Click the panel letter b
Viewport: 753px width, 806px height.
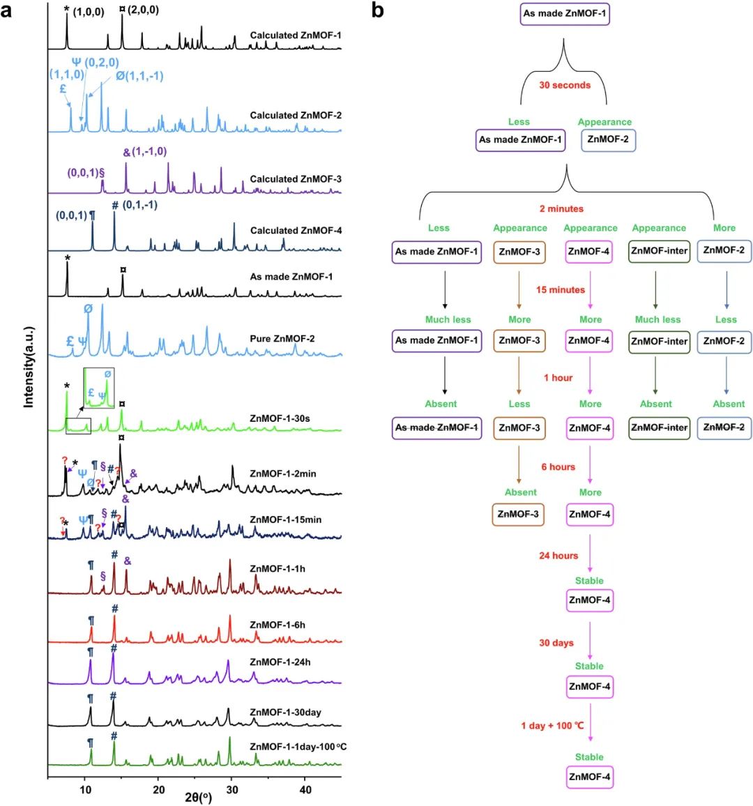pos(377,10)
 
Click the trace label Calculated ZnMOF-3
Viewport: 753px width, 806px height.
pos(296,179)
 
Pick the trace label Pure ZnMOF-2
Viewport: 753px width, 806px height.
pos(282,339)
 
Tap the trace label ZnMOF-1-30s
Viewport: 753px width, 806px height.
pos(280,419)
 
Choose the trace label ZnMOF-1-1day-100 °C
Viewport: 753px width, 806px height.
pos(298,747)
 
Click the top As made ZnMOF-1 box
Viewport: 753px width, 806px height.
pos(566,14)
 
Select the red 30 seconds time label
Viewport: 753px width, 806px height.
pos(565,85)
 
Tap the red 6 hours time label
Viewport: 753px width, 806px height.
pos(558,467)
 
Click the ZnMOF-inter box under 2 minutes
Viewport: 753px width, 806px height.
pos(659,251)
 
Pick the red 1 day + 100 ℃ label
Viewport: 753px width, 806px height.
pos(552,726)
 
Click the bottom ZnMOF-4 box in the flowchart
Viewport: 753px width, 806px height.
pos(589,777)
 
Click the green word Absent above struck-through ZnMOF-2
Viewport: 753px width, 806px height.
pos(729,404)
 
